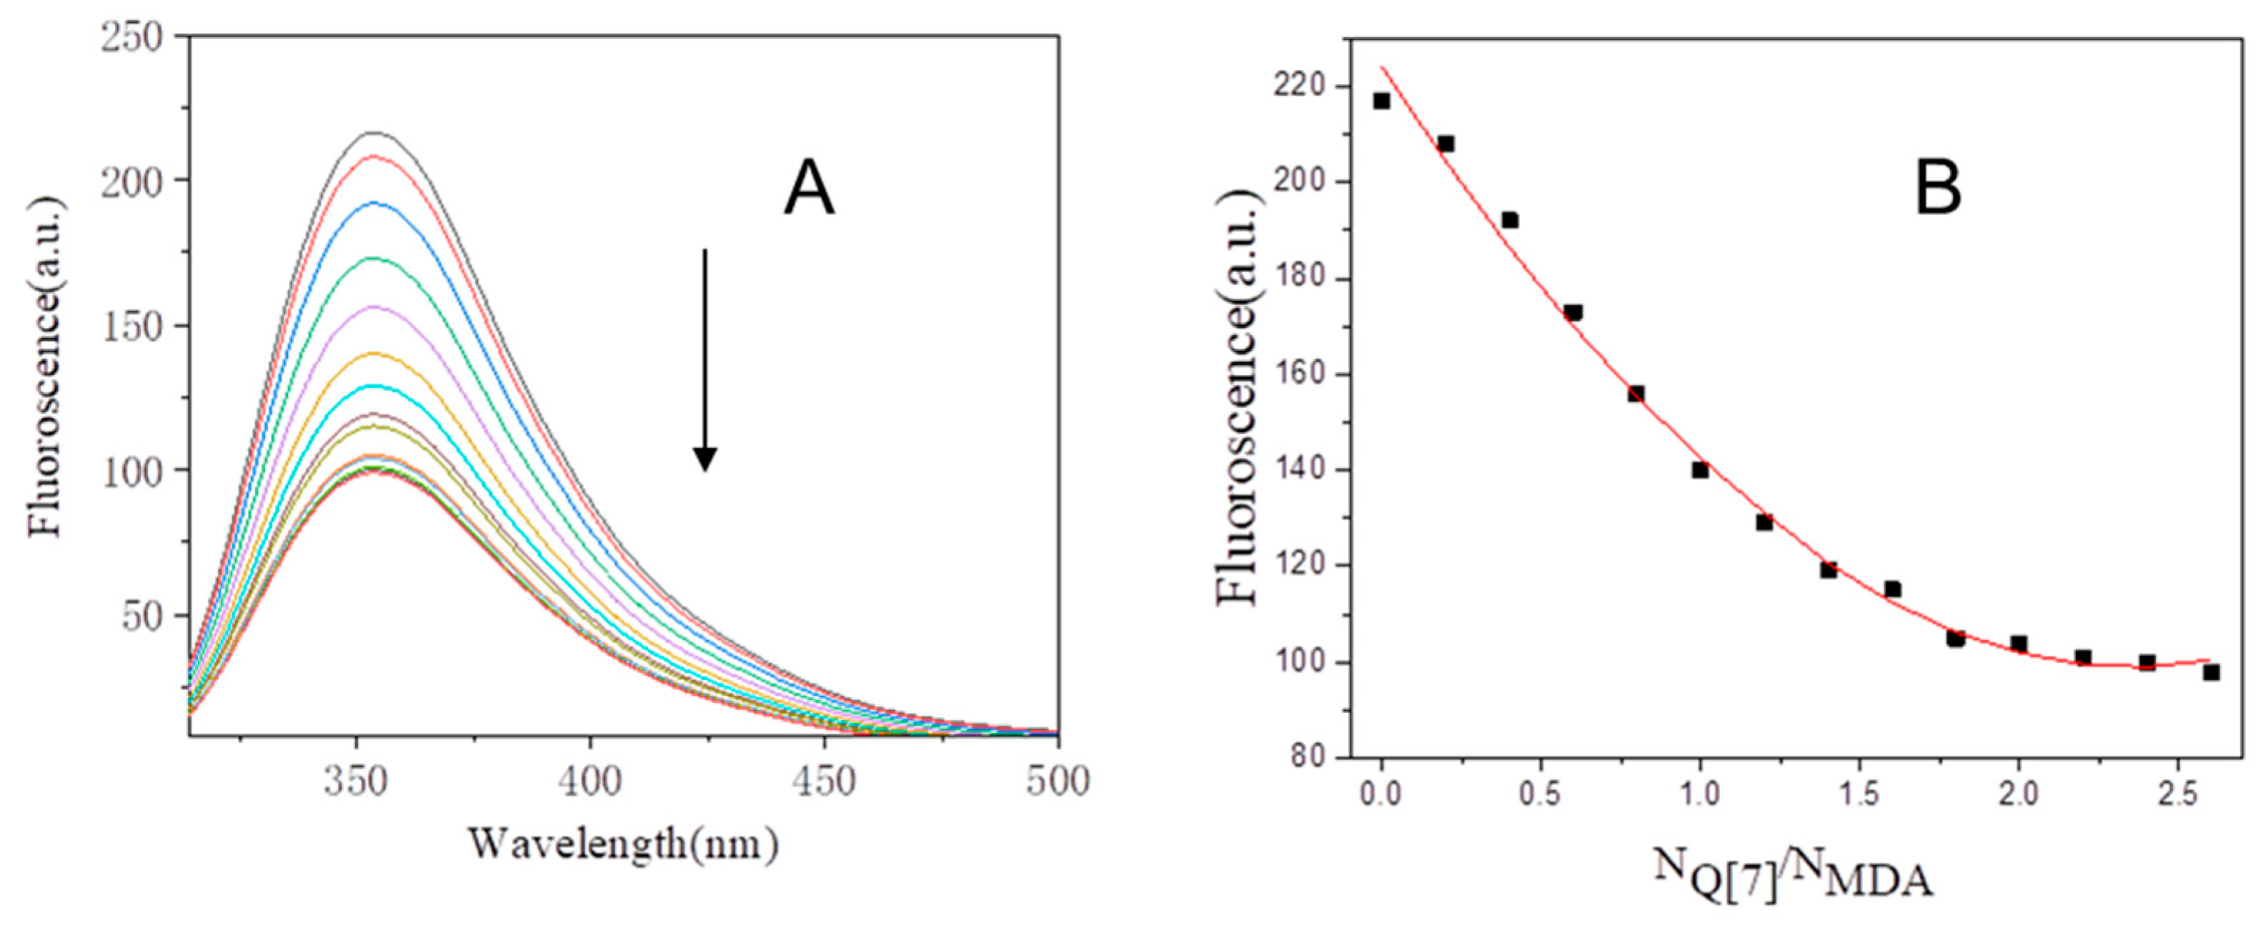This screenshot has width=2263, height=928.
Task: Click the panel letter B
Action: point(1937,191)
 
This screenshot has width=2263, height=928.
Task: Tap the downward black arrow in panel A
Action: point(704,360)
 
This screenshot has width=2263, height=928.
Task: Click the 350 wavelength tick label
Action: point(356,782)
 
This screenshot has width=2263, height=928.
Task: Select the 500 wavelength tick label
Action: point(1056,782)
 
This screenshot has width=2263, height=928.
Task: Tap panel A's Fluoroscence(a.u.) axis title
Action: point(46,367)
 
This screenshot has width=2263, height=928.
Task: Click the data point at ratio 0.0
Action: point(1382,101)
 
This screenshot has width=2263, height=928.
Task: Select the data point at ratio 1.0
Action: point(1700,470)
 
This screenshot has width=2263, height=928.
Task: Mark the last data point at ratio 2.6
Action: point(2211,672)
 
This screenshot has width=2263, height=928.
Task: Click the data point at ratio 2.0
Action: point(2019,644)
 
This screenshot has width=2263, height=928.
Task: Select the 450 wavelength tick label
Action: point(823,782)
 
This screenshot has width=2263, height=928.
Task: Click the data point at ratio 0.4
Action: point(1509,221)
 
